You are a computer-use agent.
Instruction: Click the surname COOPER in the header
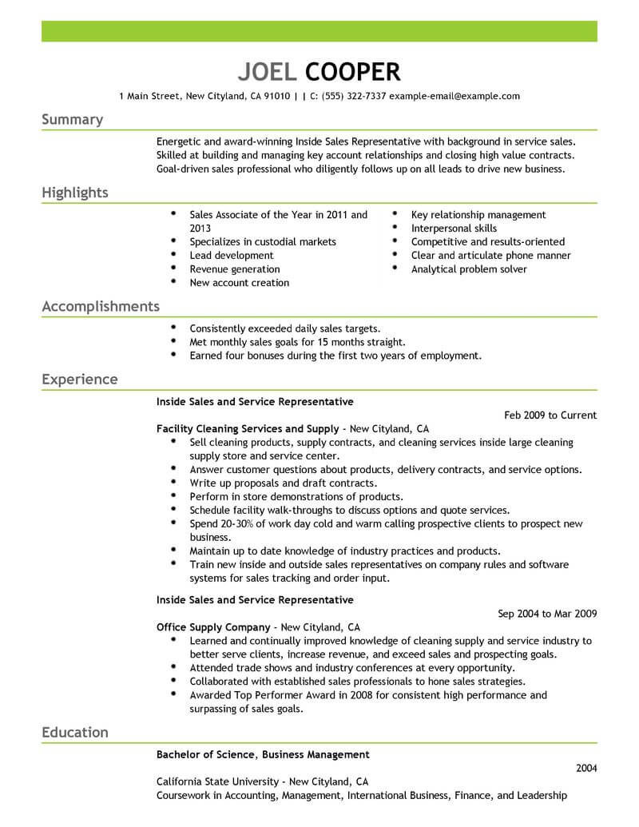(349, 72)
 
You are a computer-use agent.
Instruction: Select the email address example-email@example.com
(454, 96)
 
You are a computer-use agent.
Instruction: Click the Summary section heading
(72, 120)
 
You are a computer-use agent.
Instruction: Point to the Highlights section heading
(75, 193)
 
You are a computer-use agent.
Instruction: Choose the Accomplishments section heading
(101, 307)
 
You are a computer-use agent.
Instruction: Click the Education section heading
(75, 733)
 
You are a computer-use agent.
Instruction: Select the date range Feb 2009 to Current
(550, 415)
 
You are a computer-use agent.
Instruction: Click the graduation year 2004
(585, 768)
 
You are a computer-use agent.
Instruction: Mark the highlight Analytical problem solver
(469, 269)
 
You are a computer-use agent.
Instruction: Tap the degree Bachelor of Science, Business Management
(263, 754)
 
